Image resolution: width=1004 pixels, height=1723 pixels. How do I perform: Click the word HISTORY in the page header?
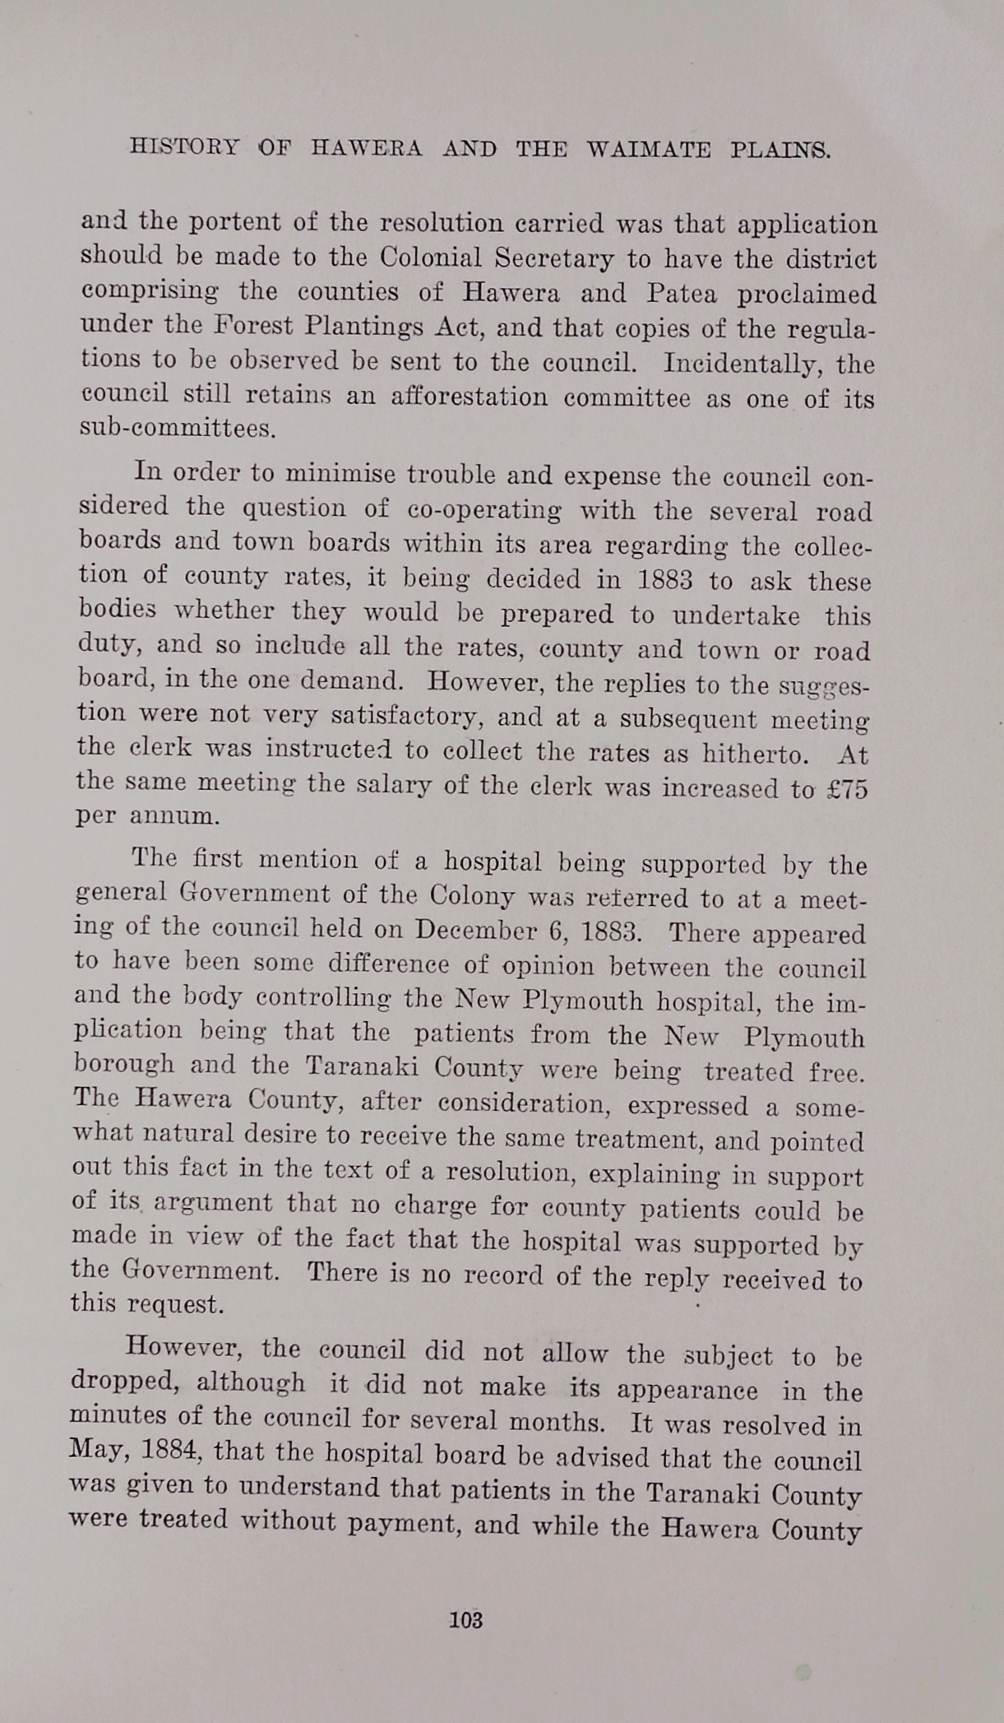184,148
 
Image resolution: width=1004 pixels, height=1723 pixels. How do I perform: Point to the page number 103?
465,1620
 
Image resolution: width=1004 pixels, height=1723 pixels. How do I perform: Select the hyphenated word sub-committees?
178,429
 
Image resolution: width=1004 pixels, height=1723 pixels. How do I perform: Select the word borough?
124,1064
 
